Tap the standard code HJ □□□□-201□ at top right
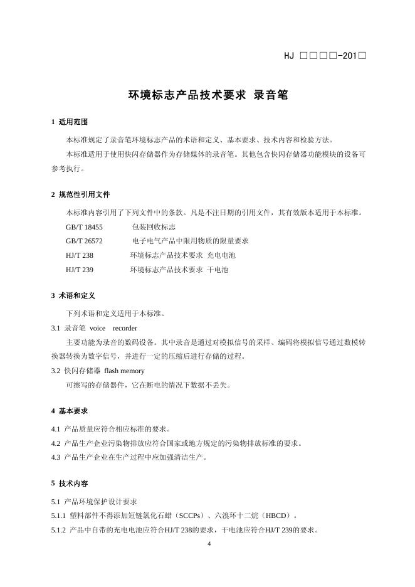click(x=325, y=56)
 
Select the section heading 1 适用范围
click(x=70, y=122)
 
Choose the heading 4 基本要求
click(x=70, y=411)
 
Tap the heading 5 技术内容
click(x=70, y=484)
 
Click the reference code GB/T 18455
click(x=84, y=227)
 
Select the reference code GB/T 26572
click(x=84, y=241)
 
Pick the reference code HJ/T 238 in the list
click(x=80, y=255)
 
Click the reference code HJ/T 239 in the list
click(x=80, y=270)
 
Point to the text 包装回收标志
click(x=154, y=227)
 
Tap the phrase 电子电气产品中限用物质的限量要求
click(x=191, y=241)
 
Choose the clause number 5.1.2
click(x=58, y=530)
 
